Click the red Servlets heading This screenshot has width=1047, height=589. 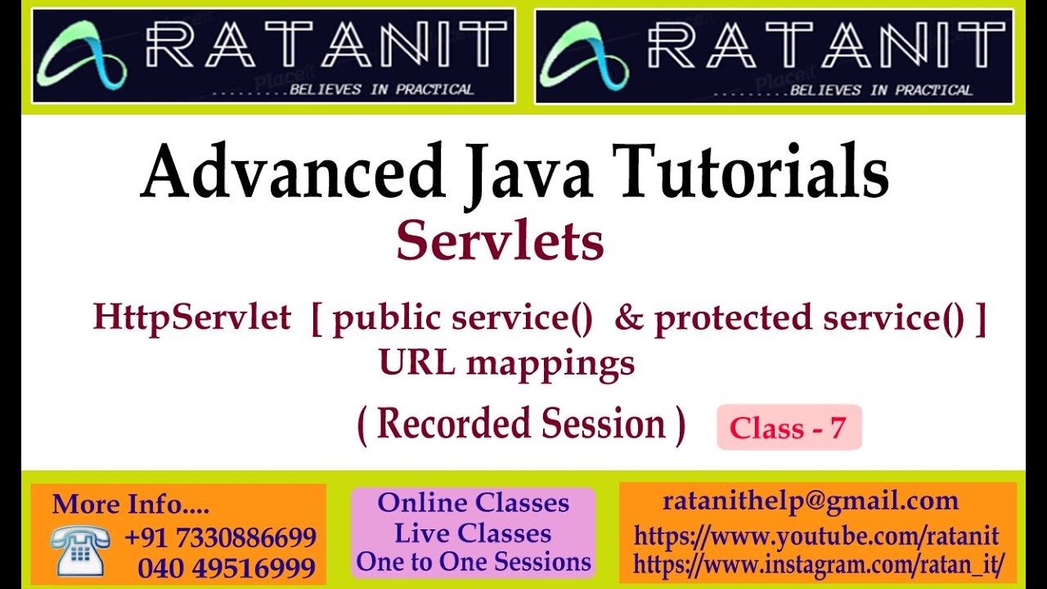500,242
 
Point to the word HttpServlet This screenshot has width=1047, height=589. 191,317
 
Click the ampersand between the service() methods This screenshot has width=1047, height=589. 628,317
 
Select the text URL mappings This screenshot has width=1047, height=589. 506,362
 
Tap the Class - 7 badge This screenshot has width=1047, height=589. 789,427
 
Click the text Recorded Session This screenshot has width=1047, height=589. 521,425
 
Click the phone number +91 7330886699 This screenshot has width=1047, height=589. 220,537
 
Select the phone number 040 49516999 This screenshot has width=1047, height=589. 227,568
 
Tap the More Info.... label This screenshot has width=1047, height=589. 130,504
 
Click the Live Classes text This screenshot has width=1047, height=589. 473,533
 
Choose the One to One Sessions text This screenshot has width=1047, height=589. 474,562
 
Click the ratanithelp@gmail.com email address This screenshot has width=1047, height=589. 811,501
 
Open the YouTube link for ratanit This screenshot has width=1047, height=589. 816,537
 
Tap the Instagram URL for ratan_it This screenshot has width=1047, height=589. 819,564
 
